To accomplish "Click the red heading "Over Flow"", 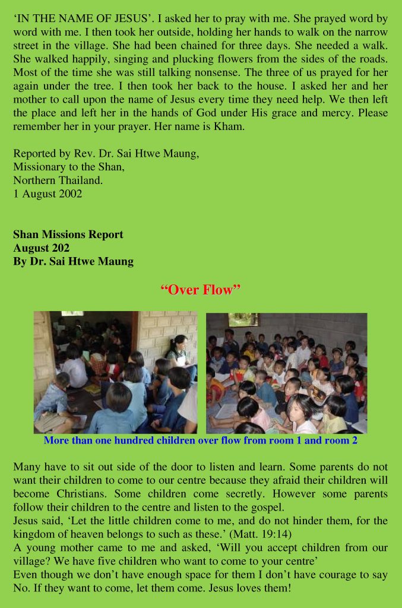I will point(201,290).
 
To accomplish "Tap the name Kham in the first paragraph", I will point(231,126).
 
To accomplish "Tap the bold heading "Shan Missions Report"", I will point(68,234).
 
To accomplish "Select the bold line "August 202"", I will point(42,248).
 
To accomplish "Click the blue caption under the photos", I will point(200,441).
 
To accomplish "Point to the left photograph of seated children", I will point(115,372).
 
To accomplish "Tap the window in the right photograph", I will point(243,319).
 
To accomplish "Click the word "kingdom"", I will point(33,534).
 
